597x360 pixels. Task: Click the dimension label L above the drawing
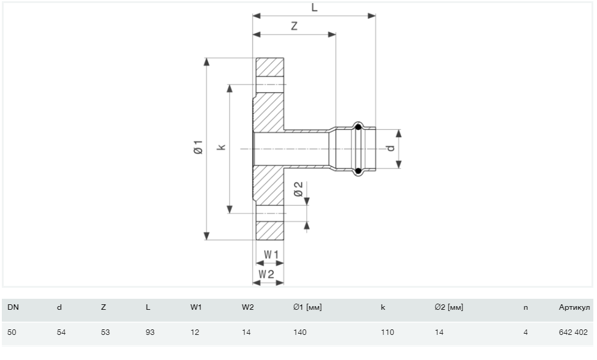tap(314, 7)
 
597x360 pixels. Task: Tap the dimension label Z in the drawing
tap(295, 27)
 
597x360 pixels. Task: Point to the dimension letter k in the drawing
tap(222, 147)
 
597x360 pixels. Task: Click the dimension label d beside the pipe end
tap(389, 148)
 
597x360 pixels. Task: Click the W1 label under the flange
tap(271, 253)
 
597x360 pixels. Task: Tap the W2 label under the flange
tap(266, 274)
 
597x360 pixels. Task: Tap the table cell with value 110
tap(387, 332)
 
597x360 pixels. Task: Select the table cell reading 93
tap(150, 332)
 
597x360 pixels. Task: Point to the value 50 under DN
tap(12, 332)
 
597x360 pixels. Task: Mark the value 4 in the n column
tap(525, 332)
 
